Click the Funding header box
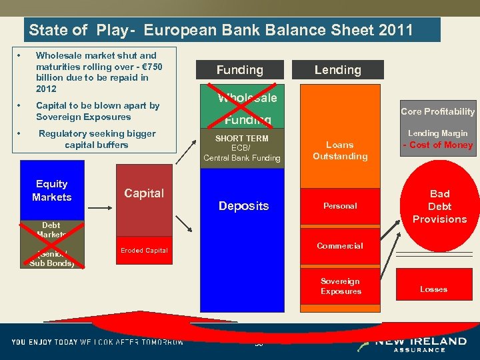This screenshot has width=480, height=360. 239,70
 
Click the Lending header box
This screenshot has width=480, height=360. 338,70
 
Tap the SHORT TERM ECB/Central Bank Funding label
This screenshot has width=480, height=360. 241,148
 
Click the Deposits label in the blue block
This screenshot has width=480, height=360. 243,206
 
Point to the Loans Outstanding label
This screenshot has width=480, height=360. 340,151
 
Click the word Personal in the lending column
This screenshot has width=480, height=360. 340,206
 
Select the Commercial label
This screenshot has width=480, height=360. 340,246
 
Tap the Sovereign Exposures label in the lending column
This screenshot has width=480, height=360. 341,286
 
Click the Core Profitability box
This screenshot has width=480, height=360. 437,111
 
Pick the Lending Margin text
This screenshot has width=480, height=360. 437,133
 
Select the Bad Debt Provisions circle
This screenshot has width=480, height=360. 439,206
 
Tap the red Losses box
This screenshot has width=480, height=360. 433,289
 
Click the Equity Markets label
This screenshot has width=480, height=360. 52,191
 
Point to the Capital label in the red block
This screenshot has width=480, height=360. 144,193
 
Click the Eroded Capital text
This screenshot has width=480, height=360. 144,251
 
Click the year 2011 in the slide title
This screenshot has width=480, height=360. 394,30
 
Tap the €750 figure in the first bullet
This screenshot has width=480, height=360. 149,67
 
